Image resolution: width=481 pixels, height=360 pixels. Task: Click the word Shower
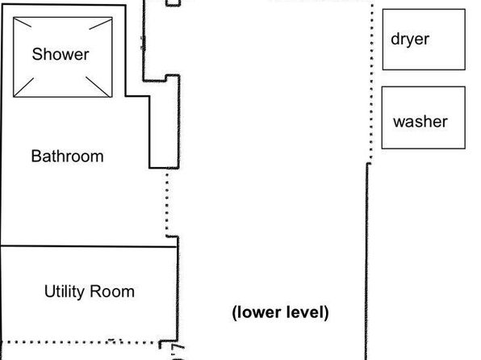pos(61,54)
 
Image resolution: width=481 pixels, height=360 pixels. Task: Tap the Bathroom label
pos(67,157)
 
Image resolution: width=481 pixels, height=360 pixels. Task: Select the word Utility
pos(64,291)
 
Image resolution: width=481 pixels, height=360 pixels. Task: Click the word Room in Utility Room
pos(112,291)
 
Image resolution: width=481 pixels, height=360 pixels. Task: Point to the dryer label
pos(410,40)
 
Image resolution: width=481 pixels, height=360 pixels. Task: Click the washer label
pos(420,122)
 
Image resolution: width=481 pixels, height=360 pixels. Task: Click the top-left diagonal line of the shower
pos(23,23)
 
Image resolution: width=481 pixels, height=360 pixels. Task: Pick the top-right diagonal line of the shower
pos(101,24)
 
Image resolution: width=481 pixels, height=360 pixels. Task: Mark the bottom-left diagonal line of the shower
pos(23,87)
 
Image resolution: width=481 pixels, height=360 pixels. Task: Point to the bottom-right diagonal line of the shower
pos(98,86)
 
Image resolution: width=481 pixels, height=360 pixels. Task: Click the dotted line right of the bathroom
pos(167,202)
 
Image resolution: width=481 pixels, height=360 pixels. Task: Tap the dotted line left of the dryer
pos(372,82)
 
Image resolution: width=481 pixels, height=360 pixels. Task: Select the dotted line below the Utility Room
pos(81,342)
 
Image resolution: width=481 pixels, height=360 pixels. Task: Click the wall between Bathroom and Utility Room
pos(88,246)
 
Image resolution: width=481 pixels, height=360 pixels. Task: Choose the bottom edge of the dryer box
pos(424,69)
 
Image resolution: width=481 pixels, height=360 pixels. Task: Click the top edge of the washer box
pos(424,87)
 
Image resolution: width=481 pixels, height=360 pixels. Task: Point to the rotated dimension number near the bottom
pos(178,352)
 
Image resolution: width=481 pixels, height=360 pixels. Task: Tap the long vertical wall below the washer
pos(367,262)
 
